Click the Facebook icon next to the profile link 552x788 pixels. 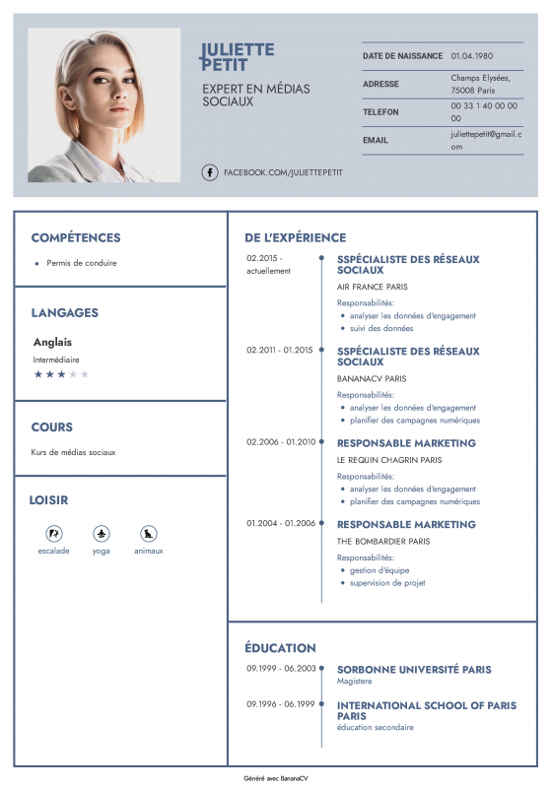(x=210, y=172)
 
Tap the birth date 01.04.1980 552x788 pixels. (x=472, y=56)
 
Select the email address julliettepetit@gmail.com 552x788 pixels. (x=485, y=140)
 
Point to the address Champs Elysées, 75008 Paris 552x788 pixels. (x=475, y=83)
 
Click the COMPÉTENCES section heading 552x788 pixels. (x=76, y=237)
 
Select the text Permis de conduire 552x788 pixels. (x=82, y=263)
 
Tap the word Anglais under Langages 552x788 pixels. (x=52, y=342)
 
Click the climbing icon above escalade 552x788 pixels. (x=54, y=533)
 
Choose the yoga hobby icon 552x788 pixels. (x=102, y=533)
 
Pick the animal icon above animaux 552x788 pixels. (x=149, y=533)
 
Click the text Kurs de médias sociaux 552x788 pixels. (x=73, y=452)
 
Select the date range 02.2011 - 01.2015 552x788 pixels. (x=279, y=350)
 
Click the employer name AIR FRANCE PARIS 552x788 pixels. (x=373, y=287)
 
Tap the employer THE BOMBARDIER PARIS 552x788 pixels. (x=383, y=541)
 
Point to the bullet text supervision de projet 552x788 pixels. (x=387, y=583)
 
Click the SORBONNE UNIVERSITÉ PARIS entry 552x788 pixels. (x=414, y=670)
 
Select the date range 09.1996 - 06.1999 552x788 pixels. (x=280, y=704)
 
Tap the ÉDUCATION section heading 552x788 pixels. (x=280, y=648)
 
